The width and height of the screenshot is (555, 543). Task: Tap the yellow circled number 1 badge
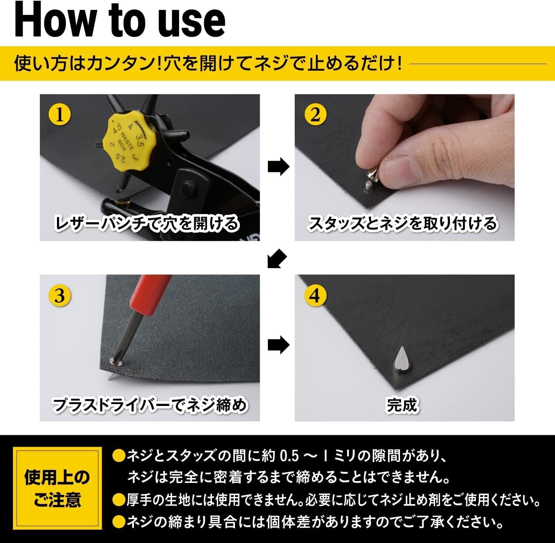[x=60, y=114]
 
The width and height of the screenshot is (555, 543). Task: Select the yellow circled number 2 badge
[x=315, y=114]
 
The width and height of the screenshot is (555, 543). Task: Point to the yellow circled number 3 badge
[x=60, y=296]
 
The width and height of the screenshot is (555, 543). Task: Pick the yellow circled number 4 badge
[x=315, y=296]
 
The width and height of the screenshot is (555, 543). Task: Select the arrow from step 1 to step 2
[x=278, y=167]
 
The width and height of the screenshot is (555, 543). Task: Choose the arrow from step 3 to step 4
[x=278, y=345]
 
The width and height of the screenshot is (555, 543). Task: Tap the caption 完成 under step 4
[x=402, y=405]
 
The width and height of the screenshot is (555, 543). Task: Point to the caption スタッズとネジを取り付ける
[x=403, y=224]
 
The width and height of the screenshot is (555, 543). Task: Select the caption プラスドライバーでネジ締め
[x=149, y=405]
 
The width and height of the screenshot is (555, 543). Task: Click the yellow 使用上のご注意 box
[x=57, y=489]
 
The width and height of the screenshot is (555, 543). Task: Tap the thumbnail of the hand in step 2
[x=404, y=167]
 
